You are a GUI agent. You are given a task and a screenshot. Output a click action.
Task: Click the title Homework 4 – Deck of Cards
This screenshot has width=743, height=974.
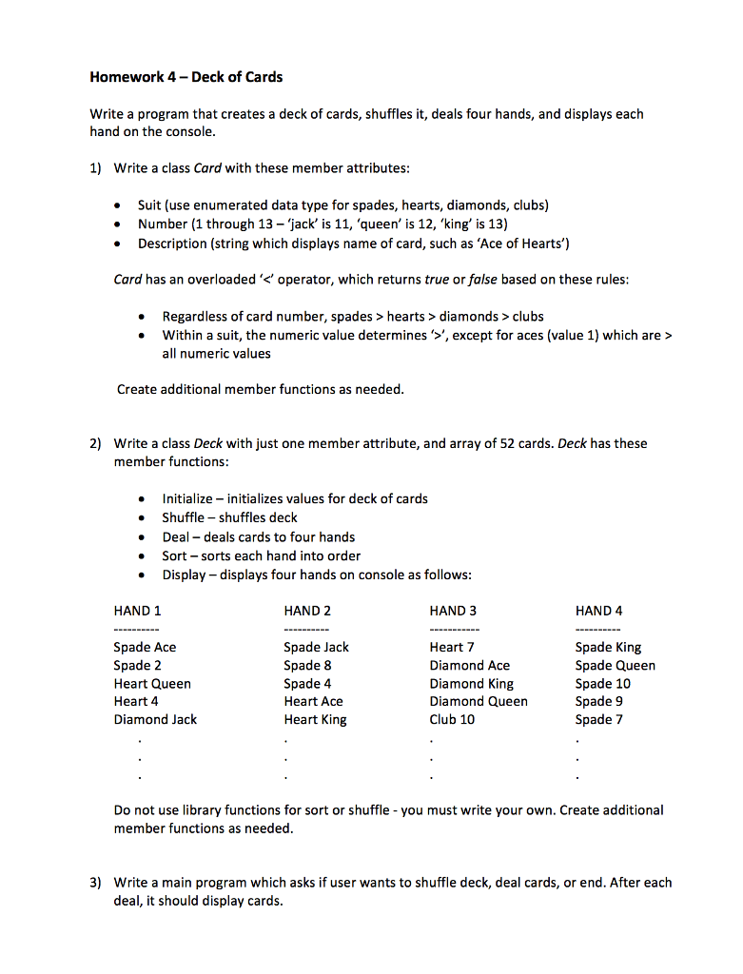pyautogui.click(x=186, y=76)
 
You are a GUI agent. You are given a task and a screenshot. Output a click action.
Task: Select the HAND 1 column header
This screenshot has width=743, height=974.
pyautogui.click(x=137, y=611)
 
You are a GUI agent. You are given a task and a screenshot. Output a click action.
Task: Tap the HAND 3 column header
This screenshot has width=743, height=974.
pyautogui.click(x=453, y=611)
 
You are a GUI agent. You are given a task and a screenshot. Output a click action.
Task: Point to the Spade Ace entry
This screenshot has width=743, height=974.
pyautogui.click(x=145, y=647)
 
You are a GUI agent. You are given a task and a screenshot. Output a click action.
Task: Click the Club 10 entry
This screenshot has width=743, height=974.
pyautogui.click(x=452, y=719)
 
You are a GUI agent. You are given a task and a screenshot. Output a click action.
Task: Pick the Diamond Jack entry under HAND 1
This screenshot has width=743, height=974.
pyautogui.click(x=155, y=719)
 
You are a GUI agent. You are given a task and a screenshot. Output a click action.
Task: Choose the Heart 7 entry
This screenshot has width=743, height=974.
pyautogui.click(x=452, y=647)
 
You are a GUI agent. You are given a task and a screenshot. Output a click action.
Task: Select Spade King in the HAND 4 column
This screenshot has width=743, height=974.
pyautogui.click(x=608, y=647)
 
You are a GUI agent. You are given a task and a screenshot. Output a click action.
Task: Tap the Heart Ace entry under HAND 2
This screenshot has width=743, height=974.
pyautogui.click(x=313, y=701)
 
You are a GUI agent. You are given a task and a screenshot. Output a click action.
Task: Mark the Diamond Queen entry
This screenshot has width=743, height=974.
pyautogui.click(x=478, y=701)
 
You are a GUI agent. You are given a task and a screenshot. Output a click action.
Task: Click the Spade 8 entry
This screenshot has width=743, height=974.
pyautogui.click(x=307, y=665)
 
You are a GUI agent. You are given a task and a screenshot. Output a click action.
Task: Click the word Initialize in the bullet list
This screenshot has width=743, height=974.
pyautogui.click(x=187, y=498)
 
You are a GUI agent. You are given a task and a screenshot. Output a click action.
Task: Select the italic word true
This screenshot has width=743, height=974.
pyautogui.click(x=437, y=280)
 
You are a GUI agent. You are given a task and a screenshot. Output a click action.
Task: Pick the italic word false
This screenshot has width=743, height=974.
pyautogui.click(x=482, y=280)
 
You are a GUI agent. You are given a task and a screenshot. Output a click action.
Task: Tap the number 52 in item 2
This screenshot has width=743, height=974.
pyautogui.click(x=507, y=443)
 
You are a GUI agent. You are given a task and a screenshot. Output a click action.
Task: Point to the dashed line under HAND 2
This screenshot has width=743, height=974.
pyautogui.click(x=305, y=630)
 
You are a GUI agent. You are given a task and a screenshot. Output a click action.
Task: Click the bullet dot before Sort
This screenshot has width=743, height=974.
pyautogui.click(x=142, y=556)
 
